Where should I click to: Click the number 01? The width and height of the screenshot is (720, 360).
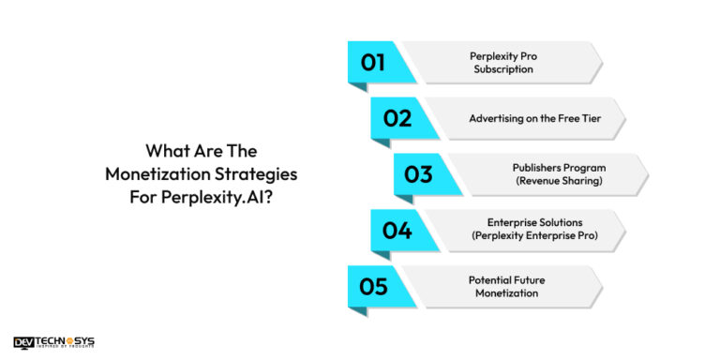373,63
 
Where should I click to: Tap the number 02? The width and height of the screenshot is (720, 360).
397,119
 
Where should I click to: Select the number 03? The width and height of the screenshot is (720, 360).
418,174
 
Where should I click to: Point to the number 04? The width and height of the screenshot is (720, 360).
397,231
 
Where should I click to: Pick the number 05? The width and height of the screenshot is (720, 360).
373,287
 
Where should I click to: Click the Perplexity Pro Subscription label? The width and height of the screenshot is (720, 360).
503,63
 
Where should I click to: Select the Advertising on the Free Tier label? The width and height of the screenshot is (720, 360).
528,119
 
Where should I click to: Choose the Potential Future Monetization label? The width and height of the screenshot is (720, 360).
503,287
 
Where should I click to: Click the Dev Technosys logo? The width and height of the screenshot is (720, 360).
54,343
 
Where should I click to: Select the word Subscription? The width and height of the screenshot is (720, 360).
503,69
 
